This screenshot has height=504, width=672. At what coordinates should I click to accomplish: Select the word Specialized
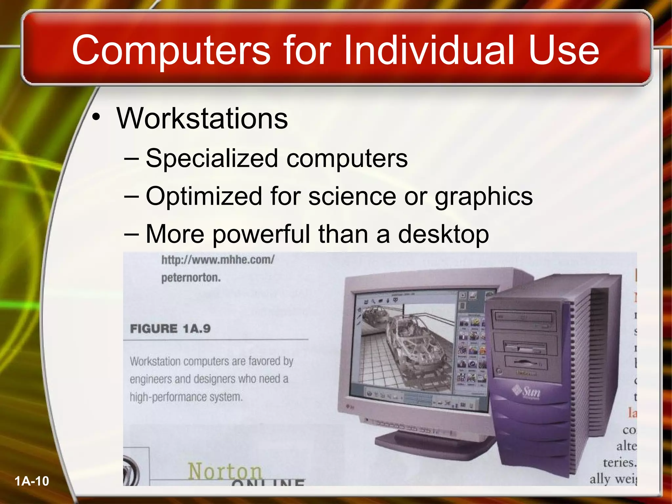212,158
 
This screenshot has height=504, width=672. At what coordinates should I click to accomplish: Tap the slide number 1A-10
32,481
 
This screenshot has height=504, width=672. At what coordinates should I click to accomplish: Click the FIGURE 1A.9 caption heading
170,328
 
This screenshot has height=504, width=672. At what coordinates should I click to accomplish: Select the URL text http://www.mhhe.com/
218,260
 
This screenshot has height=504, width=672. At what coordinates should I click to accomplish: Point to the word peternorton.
191,278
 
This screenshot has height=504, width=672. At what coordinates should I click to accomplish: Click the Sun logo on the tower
527,391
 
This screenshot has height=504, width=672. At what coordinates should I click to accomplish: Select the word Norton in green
225,471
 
